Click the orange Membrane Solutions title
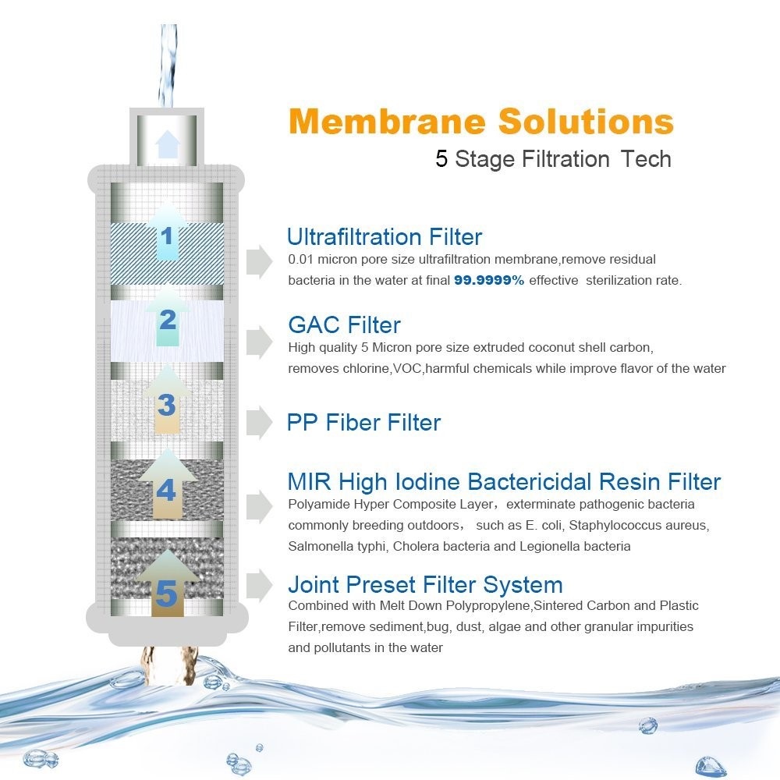(x=481, y=122)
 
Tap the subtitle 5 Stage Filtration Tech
(x=553, y=159)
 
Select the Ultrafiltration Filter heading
(x=385, y=237)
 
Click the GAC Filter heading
(x=344, y=324)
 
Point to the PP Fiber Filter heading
(x=363, y=423)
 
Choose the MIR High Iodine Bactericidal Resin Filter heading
(x=504, y=481)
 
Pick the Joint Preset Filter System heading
(x=425, y=584)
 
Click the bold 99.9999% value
(x=489, y=281)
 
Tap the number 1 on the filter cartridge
(x=167, y=236)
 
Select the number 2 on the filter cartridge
(x=168, y=319)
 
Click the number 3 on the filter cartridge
(x=167, y=405)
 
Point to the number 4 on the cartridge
(x=166, y=491)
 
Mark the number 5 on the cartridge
(x=166, y=594)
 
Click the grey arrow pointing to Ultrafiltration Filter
(x=259, y=261)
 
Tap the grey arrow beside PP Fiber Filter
(x=259, y=422)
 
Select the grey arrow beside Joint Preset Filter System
(x=259, y=585)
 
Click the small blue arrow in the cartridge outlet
(x=167, y=144)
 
